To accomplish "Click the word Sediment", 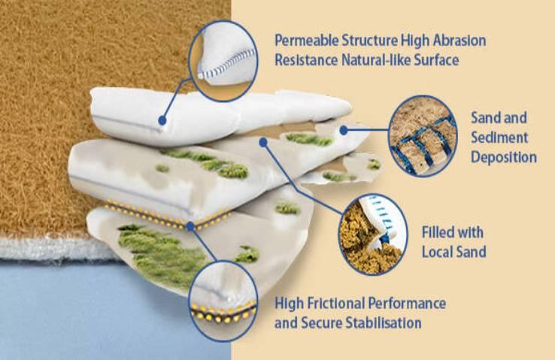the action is click(x=499, y=138).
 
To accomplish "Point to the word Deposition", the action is click(x=504, y=157).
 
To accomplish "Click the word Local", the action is click(x=437, y=252).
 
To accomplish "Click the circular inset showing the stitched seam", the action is click(x=223, y=61).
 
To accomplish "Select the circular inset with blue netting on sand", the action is click(x=423, y=136).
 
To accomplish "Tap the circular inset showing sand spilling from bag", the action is click(x=373, y=234).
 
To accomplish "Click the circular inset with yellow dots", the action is click(x=223, y=301).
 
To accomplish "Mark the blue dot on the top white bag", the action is click(x=162, y=120).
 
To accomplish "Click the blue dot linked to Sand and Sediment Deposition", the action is click(x=343, y=130).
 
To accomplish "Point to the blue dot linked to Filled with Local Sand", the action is click(x=262, y=142).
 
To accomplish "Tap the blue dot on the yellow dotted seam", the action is click(x=190, y=226).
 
